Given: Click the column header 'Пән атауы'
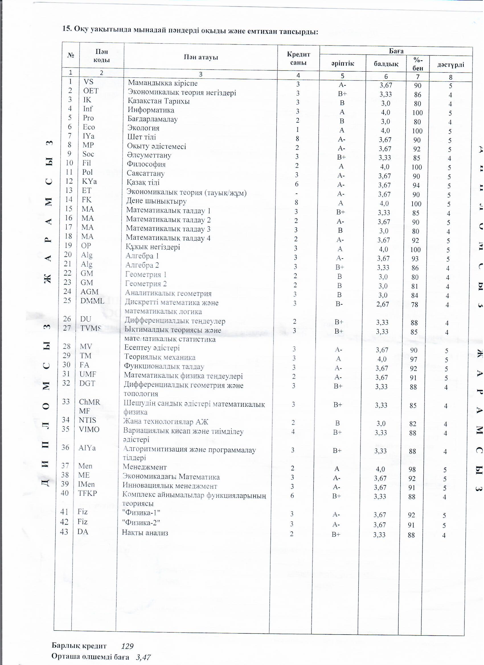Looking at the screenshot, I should (201, 57).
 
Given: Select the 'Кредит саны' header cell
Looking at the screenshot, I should (298, 58).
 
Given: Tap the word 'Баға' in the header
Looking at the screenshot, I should (396, 51).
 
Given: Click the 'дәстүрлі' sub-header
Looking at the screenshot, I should (450, 65).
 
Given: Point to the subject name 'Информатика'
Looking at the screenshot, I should (151, 110).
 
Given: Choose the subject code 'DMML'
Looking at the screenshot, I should (92, 301).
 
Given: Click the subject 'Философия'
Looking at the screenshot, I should (146, 164).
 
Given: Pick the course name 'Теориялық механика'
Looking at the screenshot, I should (159, 357).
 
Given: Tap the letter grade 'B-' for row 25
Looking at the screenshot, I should (339, 304).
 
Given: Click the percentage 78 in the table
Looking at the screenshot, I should (415, 305).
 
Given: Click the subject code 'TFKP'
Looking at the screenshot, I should (87, 493).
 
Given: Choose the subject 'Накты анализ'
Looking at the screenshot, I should (145, 533).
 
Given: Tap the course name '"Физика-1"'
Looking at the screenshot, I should (141, 513).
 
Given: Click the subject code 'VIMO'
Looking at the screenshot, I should (89, 429).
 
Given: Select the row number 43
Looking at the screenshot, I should (64, 532).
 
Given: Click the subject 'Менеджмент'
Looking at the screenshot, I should (145, 467).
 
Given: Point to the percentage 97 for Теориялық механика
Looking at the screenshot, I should (414, 360).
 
